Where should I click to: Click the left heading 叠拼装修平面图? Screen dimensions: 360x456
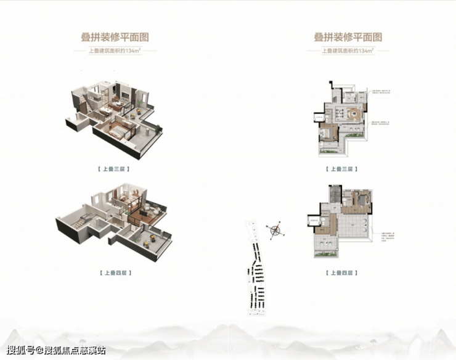click(x=115, y=37)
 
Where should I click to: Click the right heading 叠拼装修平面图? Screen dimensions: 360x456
click(x=348, y=37)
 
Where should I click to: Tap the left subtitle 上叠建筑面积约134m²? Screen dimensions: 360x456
click(x=115, y=51)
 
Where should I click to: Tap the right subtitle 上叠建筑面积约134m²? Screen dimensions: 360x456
click(x=348, y=51)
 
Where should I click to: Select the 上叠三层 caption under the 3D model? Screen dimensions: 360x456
click(x=115, y=168)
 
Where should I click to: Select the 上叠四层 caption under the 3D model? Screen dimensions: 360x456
click(x=115, y=272)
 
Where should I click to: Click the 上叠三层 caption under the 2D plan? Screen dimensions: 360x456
click(x=341, y=168)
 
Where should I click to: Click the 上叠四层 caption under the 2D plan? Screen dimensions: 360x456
click(x=341, y=272)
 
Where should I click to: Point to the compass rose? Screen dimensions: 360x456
click(x=275, y=231)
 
